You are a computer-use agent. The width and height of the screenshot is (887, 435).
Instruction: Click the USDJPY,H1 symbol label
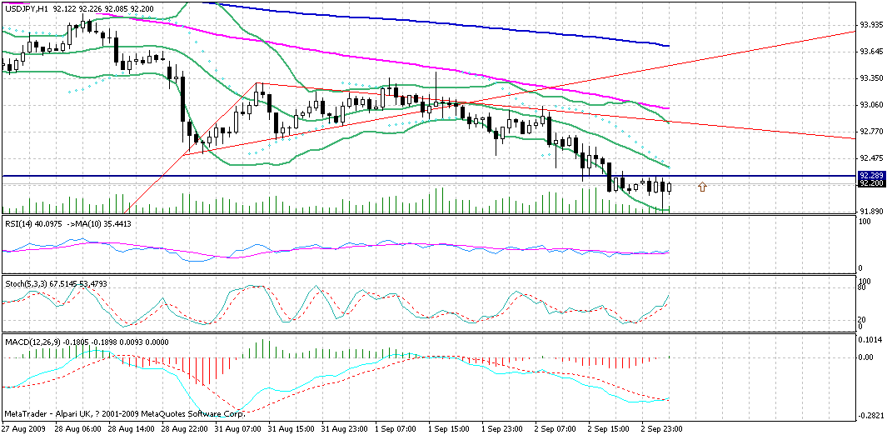pyautogui.click(x=26, y=7)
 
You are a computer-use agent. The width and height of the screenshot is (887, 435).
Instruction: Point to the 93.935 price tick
pyautogui.click(x=871, y=25)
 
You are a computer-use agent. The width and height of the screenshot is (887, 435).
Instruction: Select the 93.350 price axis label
pyautogui.click(x=871, y=78)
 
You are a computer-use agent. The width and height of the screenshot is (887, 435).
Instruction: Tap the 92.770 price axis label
pyautogui.click(x=871, y=132)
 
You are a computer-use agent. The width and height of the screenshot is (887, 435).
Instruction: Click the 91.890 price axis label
pyautogui.click(x=871, y=212)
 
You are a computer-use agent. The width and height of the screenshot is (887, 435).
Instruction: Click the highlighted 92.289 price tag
pyautogui.click(x=871, y=175)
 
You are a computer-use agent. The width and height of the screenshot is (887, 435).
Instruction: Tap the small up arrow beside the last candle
pyautogui.click(x=703, y=187)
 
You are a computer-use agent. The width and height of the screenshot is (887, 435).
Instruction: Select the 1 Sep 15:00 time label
pyautogui.click(x=450, y=428)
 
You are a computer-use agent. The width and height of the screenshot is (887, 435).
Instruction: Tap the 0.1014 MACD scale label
pyautogui.click(x=871, y=339)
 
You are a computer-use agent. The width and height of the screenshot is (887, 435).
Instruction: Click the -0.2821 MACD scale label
pyautogui.click(x=871, y=414)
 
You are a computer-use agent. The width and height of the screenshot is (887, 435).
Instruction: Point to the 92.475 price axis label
pyautogui.click(x=871, y=158)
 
